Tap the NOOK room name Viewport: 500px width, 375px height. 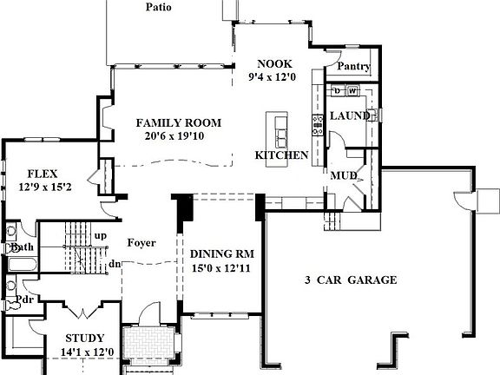[x=276, y=63]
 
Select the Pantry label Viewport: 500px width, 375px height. [x=353, y=67]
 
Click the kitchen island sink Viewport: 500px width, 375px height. [x=280, y=135]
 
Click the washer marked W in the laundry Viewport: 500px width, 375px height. [x=352, y=90]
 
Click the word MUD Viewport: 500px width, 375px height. [x=340, y=176]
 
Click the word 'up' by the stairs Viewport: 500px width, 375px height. [x=101, y=235]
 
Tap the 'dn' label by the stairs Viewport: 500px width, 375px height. [x=115, y=264]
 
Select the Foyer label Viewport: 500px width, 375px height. [x=141, y=242]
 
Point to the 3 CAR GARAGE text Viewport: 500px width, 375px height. [x=351, y=280]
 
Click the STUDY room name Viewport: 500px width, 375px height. [x=85, y=338]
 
